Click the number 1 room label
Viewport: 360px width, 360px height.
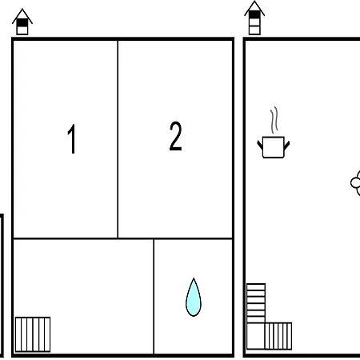coord(71,138)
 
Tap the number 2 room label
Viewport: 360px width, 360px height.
coord(176,136)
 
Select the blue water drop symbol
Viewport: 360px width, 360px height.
coord(194,298)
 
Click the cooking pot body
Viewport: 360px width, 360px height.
coord(274,147)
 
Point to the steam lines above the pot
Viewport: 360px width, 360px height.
coord(274,120)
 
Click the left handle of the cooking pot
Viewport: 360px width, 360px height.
coord(260,145)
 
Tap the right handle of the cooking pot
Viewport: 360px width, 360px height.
coord(287,146)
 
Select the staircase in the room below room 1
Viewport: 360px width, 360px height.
coord(33,334)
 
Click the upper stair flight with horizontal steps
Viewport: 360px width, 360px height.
coord(256,303)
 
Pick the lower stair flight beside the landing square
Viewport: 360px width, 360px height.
coord(278,336)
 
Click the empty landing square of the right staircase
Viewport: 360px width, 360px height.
coord(255,336)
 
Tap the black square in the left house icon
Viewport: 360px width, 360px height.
coord(22,22)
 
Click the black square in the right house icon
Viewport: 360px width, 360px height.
coord(254,14)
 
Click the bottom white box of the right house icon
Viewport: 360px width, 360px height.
coord(254,30)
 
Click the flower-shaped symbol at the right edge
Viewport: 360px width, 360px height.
coord(356,183)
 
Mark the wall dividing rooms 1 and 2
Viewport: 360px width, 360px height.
coord(118,139)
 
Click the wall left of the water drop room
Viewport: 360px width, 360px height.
coord(154,296)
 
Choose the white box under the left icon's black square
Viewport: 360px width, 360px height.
coord(22,30)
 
